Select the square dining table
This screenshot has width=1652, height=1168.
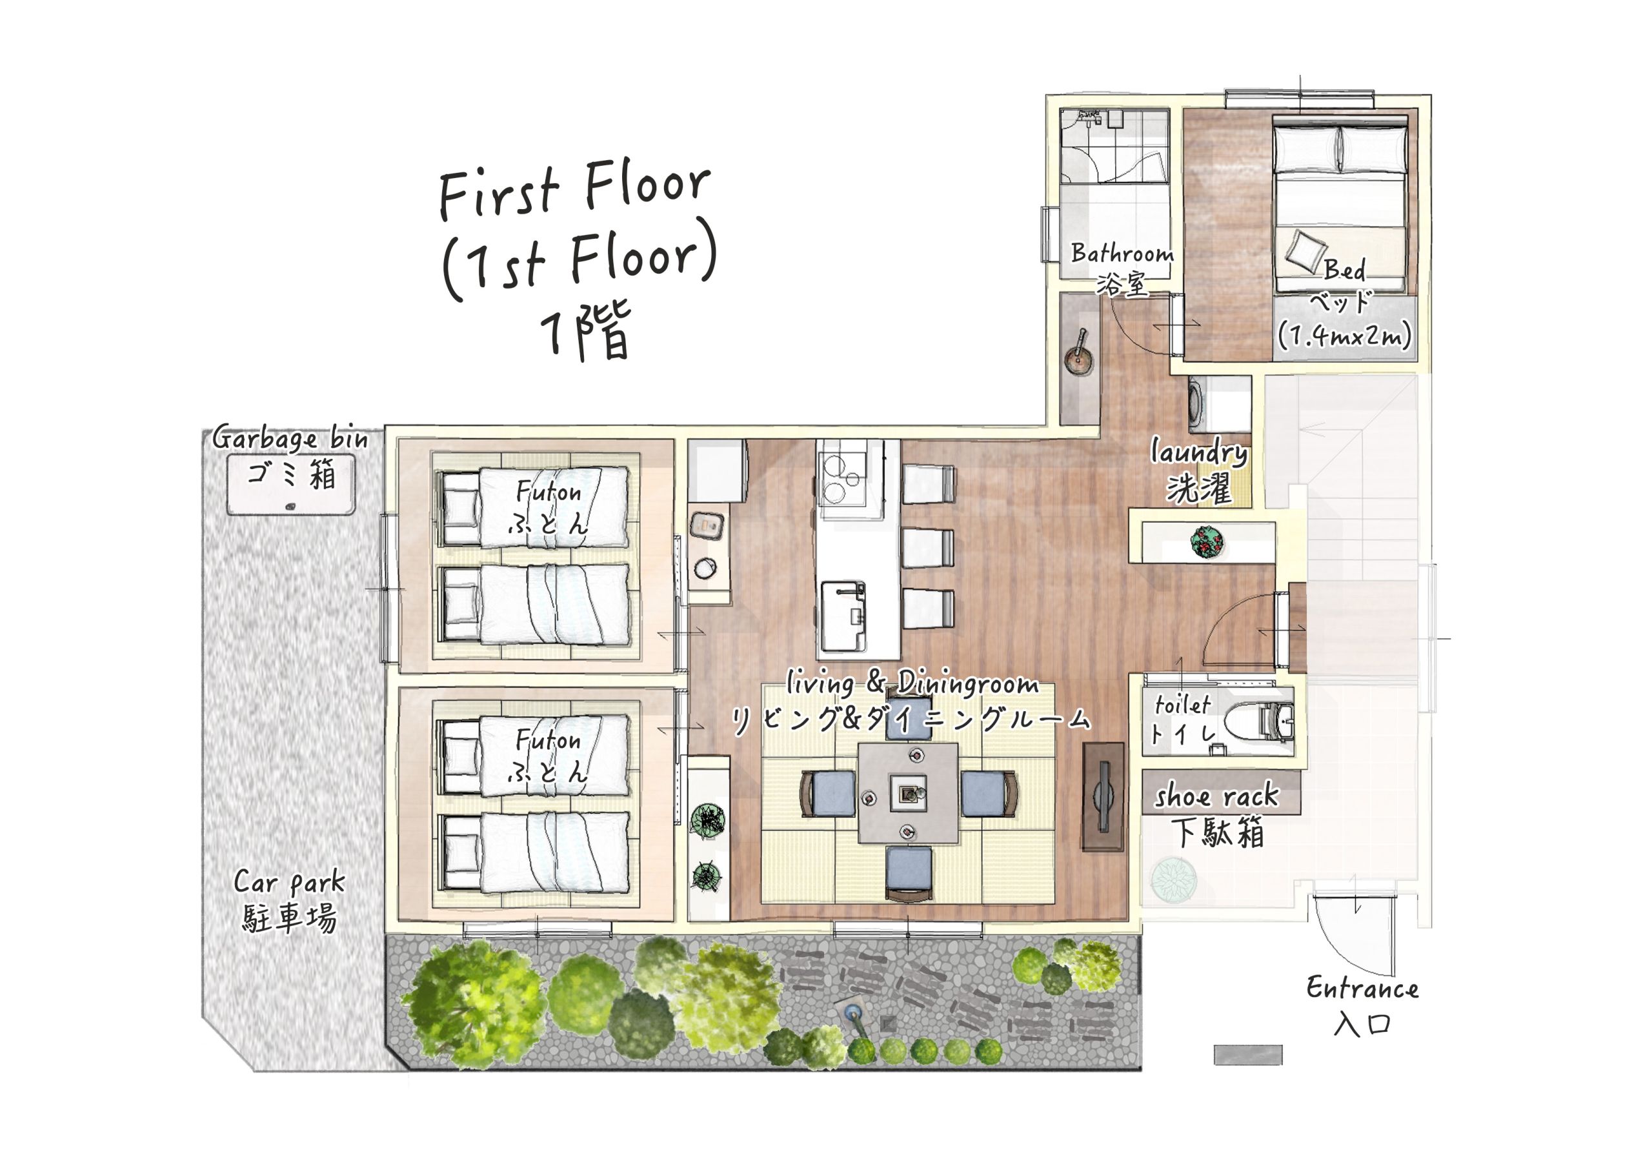click(x=908, y=793)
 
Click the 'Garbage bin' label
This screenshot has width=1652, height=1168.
click(x=290, y=438)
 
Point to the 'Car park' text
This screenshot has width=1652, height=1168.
click(x=289, y=882)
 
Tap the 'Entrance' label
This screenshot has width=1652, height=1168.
click(x=1362, y=989)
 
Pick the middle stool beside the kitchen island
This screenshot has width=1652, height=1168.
click(x=928, y=549)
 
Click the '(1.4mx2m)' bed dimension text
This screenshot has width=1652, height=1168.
click(x=1344, y=336)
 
